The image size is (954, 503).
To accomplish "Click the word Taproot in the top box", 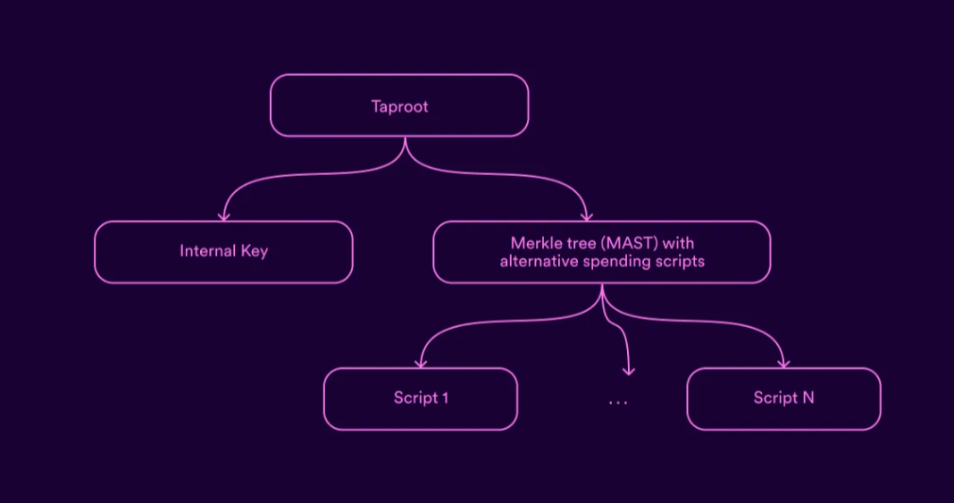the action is point(399,107).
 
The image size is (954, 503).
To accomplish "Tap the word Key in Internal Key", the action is point(255,252).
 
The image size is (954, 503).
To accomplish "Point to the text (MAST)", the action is point(630,243).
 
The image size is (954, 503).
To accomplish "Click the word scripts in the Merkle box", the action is point(676,262).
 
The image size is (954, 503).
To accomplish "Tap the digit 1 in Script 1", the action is point(445,398).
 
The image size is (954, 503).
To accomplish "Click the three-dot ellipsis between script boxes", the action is point(617,402).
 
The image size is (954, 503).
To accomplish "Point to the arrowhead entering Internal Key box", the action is point(224,216).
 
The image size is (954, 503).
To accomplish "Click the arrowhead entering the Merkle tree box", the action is point(587,216).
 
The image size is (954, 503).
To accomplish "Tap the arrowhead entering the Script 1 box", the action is point(421,364).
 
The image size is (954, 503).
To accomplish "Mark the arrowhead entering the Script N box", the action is point(783,364).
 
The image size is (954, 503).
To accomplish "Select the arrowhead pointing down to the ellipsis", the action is point(629,371).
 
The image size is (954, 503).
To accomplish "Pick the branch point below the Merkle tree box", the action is point(602,298).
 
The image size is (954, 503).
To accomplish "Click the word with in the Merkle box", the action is point(678,243).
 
